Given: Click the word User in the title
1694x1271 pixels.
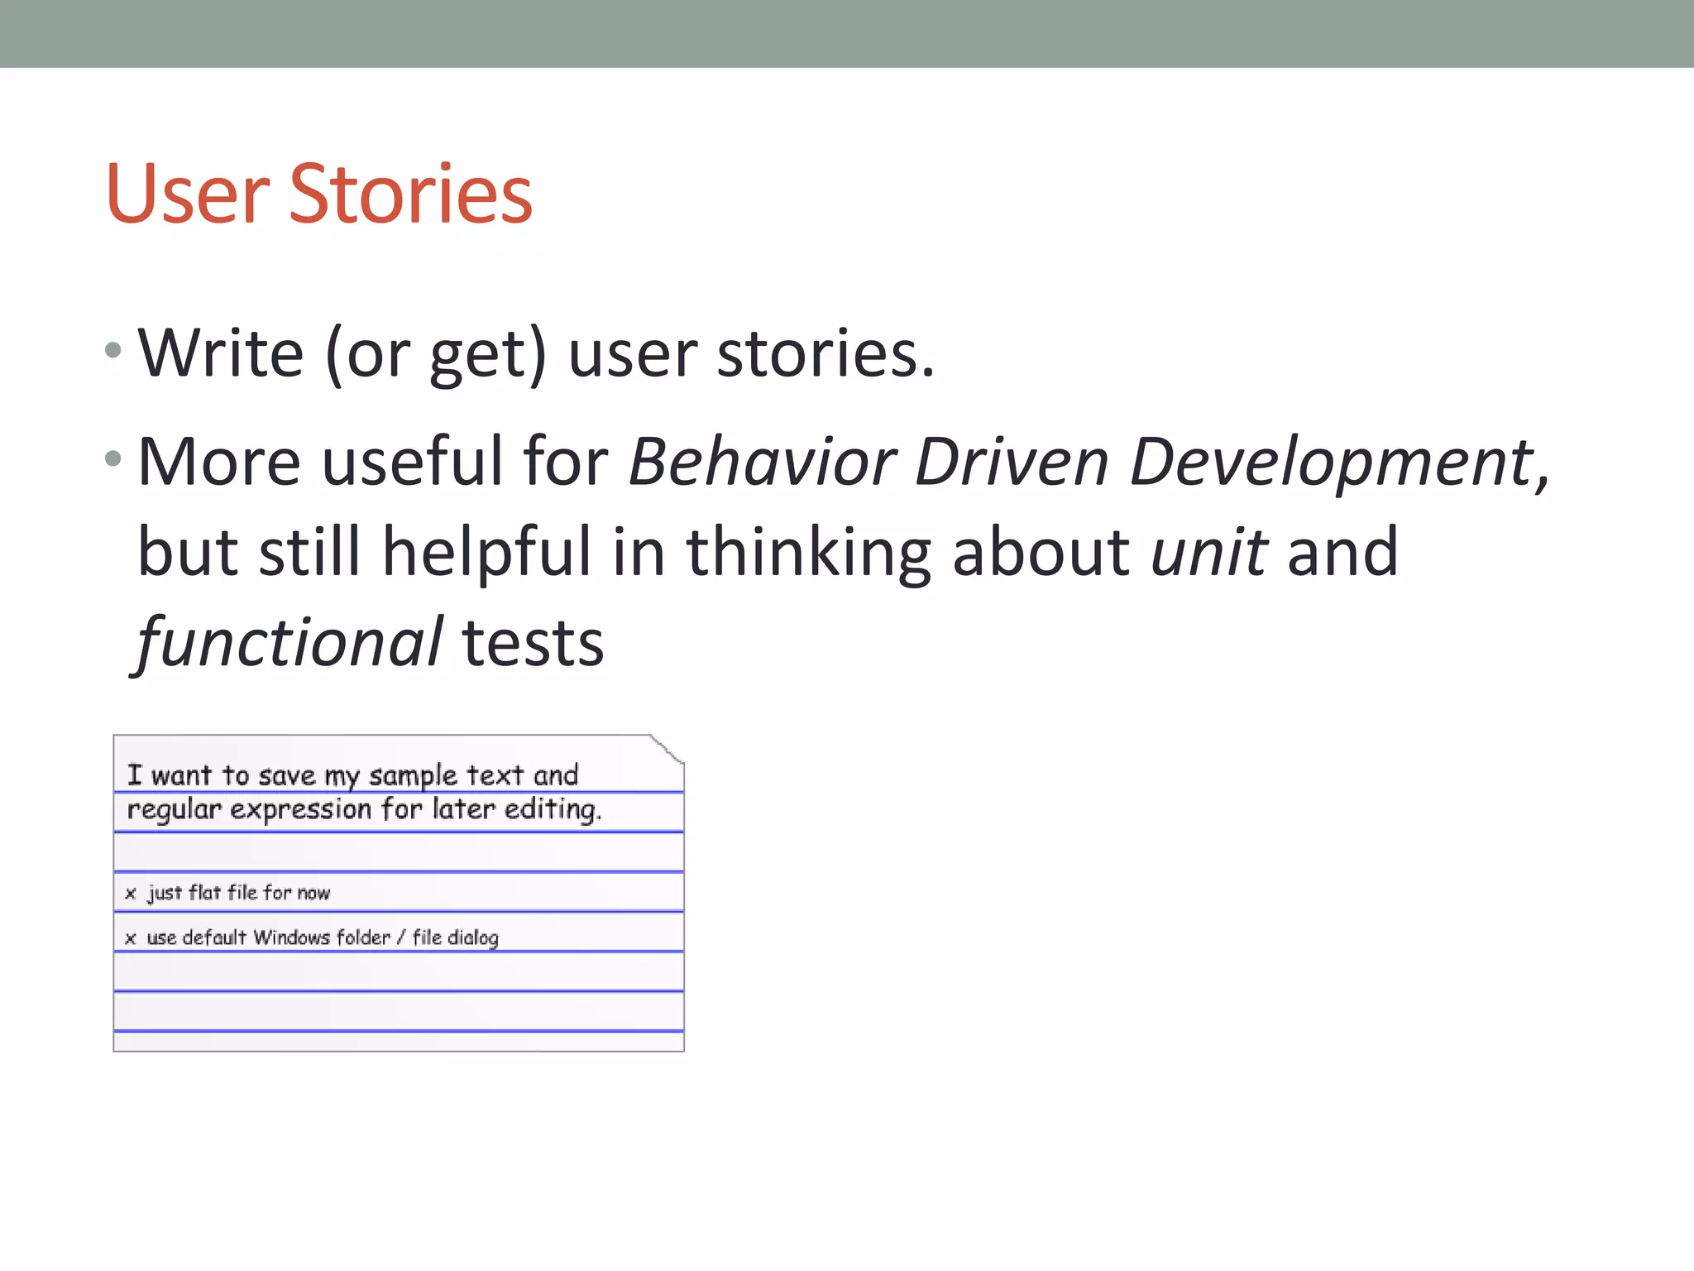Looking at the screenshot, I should (x=188, y=194).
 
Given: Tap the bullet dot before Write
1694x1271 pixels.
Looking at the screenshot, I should (x=114, y=350).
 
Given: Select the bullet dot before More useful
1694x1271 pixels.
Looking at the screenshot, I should (x=114, y=458).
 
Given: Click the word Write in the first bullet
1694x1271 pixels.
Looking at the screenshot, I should (x=221, y=353).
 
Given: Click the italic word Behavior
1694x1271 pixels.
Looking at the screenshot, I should (x=762, y=462).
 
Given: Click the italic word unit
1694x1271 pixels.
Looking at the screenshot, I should (x=1208, y=552).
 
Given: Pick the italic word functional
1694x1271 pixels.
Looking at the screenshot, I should (x=290, y=643).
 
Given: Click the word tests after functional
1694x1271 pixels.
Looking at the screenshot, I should (x=534, y=645).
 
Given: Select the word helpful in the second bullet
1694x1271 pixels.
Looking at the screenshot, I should (x=486, y=553).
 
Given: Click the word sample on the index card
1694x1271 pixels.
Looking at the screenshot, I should (x=413, y=775).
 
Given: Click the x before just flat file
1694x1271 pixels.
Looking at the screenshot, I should (x=131, y=894).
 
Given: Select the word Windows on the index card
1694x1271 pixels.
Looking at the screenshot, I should (x=291, y=938).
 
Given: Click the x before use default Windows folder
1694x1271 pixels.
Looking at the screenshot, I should (x=131, y=938).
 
